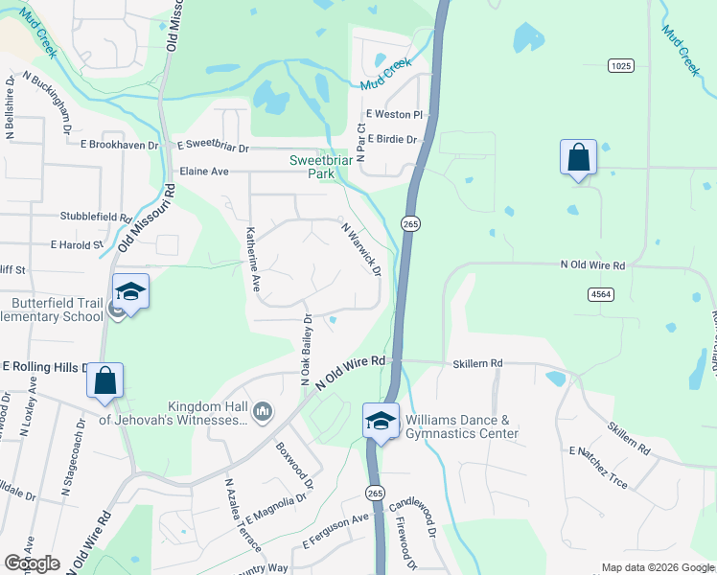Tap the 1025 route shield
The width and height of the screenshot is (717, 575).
point(621,65)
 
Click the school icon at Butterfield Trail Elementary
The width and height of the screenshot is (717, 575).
point(130,292)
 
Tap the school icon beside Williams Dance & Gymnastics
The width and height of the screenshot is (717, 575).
point(381,421)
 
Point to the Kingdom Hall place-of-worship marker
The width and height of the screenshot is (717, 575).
point(263,413)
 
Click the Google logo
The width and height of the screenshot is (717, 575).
point(31,563)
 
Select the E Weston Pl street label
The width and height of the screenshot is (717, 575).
point(394,115)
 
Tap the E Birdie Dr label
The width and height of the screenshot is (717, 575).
point(392,139)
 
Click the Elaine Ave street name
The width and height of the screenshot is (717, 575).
point(204,172)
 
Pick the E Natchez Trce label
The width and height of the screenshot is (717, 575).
point(598,467)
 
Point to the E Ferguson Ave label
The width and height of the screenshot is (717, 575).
point(335,531)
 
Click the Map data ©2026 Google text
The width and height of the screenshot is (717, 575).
point(658,567)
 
